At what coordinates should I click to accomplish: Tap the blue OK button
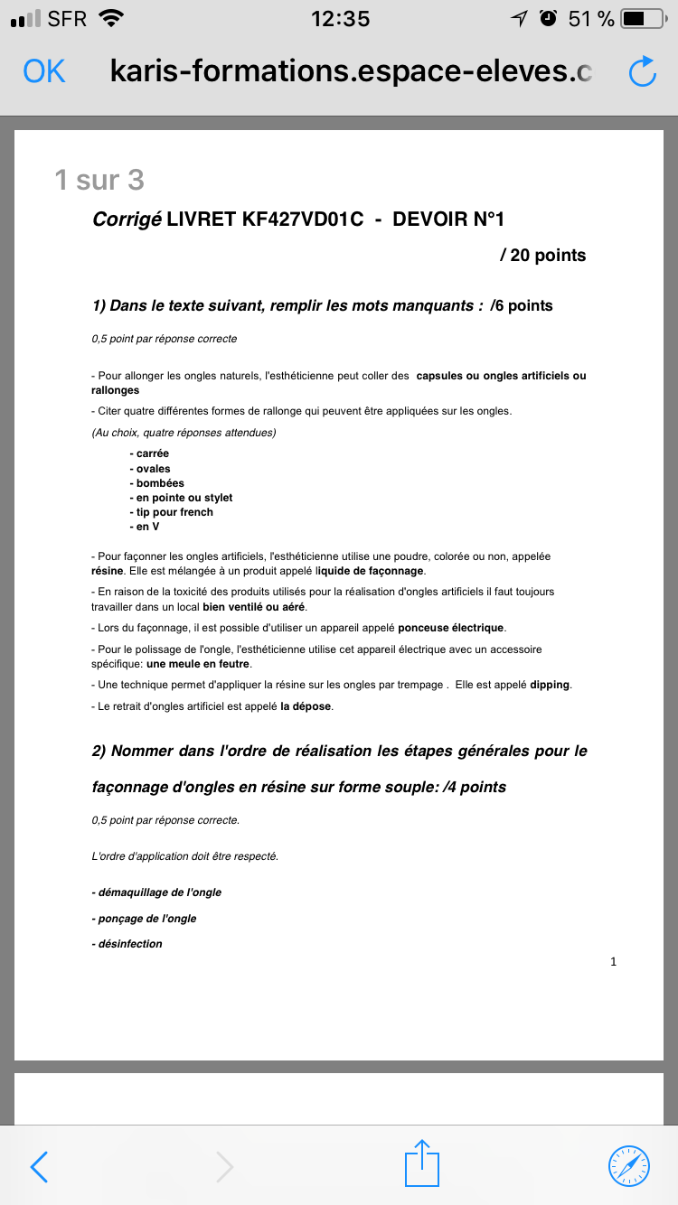point(44,71)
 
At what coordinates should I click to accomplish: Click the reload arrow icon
point(641,72)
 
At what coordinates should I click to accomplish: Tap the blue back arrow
point(39,1166)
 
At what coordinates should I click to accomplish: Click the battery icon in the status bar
point(643,18)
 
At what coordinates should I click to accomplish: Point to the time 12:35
point(340,18)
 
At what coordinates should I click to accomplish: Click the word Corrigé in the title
point(127,219)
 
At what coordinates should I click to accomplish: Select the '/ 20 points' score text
point(542,256)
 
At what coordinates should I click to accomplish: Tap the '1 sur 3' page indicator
point(99,180)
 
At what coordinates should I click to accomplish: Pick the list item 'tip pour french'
point(172,512)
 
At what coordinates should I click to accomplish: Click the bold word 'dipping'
point(550,685)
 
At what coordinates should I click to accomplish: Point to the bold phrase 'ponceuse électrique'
point(451,628)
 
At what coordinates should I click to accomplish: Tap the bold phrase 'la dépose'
point(306,706)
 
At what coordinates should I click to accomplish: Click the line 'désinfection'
point(127,944)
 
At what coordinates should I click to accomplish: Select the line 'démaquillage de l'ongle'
point(156,892)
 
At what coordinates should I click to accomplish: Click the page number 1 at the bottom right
point(614,962)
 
